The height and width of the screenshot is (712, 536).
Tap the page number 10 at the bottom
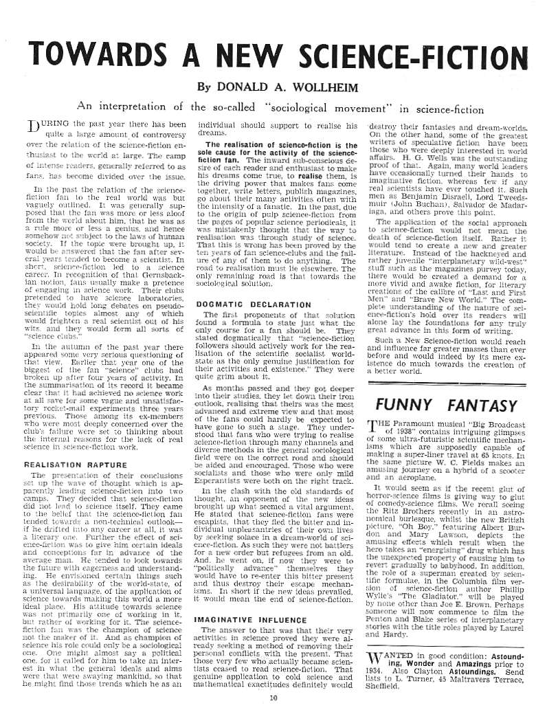coord(273,699)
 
